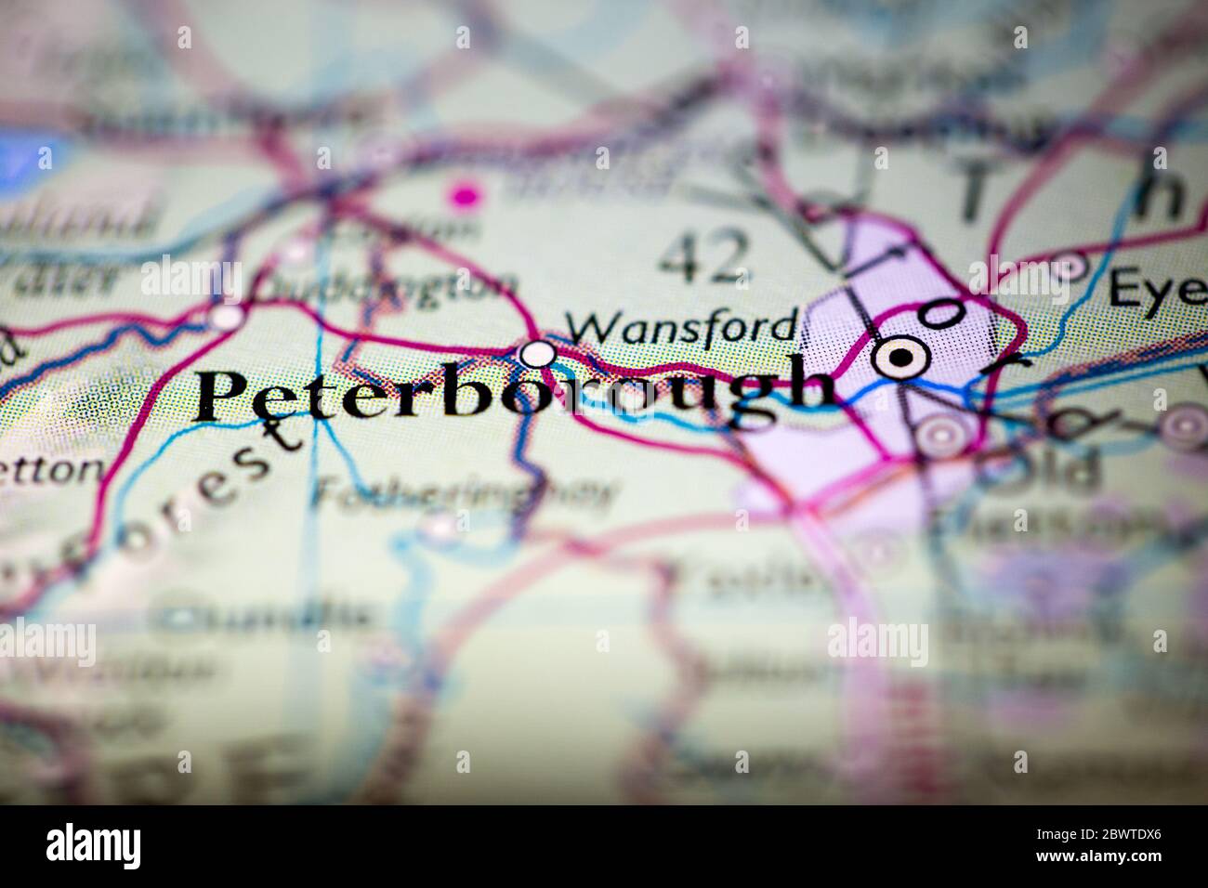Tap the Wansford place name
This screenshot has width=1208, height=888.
pyautogui.click(x=682, y=326)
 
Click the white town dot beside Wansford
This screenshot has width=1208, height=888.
pyautogui.click(x=537, y=354)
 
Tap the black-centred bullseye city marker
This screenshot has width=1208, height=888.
pyautogui.click(x=899, y=355)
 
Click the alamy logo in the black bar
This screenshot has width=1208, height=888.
pyautogui.click(x=94, y=845)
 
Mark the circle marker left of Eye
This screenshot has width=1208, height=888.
pyautogui.click(x=1073, y=267)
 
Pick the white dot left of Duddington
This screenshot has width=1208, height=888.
pyautogui.click(x=225, y=318)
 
